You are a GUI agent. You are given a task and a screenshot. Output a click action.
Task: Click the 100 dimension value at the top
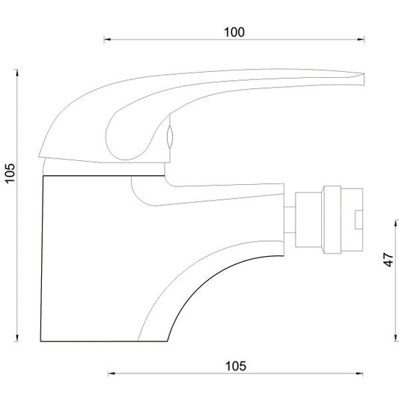234,32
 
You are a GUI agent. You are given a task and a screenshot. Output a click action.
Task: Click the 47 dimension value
389,259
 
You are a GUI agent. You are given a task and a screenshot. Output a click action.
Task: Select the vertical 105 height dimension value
10,173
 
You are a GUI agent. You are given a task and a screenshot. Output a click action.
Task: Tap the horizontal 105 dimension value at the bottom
236,366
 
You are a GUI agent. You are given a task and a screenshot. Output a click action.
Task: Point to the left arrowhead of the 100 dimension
107,40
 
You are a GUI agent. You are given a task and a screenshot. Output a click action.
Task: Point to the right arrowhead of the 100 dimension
361,40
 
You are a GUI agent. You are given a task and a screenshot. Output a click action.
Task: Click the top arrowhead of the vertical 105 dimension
17,73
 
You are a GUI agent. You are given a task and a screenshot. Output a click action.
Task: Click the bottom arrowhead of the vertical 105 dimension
17,338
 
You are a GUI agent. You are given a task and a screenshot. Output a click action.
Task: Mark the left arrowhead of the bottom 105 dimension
112,374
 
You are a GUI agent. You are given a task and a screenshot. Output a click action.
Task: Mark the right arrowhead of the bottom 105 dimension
359,374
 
